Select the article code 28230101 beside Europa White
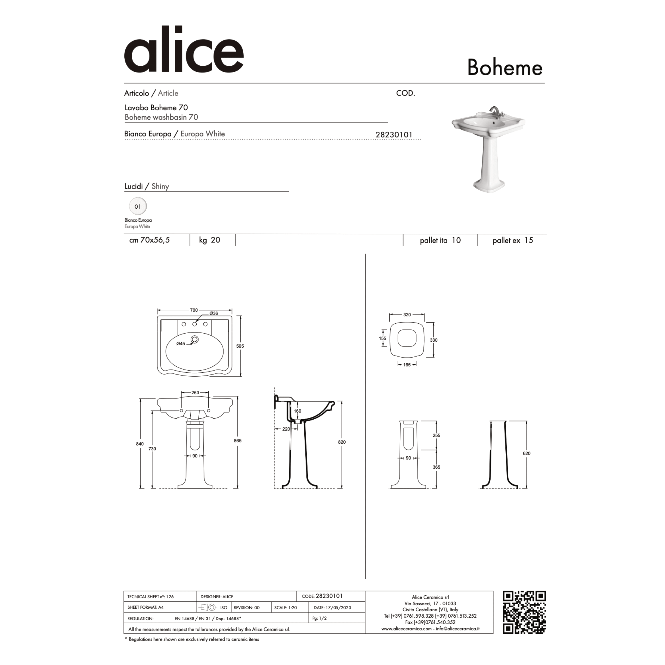click(394, 135)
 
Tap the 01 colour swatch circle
click(138, 207)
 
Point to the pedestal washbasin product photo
click(488, 149)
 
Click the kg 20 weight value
click(210, 240)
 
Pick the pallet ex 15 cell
click(512, 240)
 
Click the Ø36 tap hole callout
click(213, 313)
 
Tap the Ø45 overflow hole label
click(181, 344)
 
